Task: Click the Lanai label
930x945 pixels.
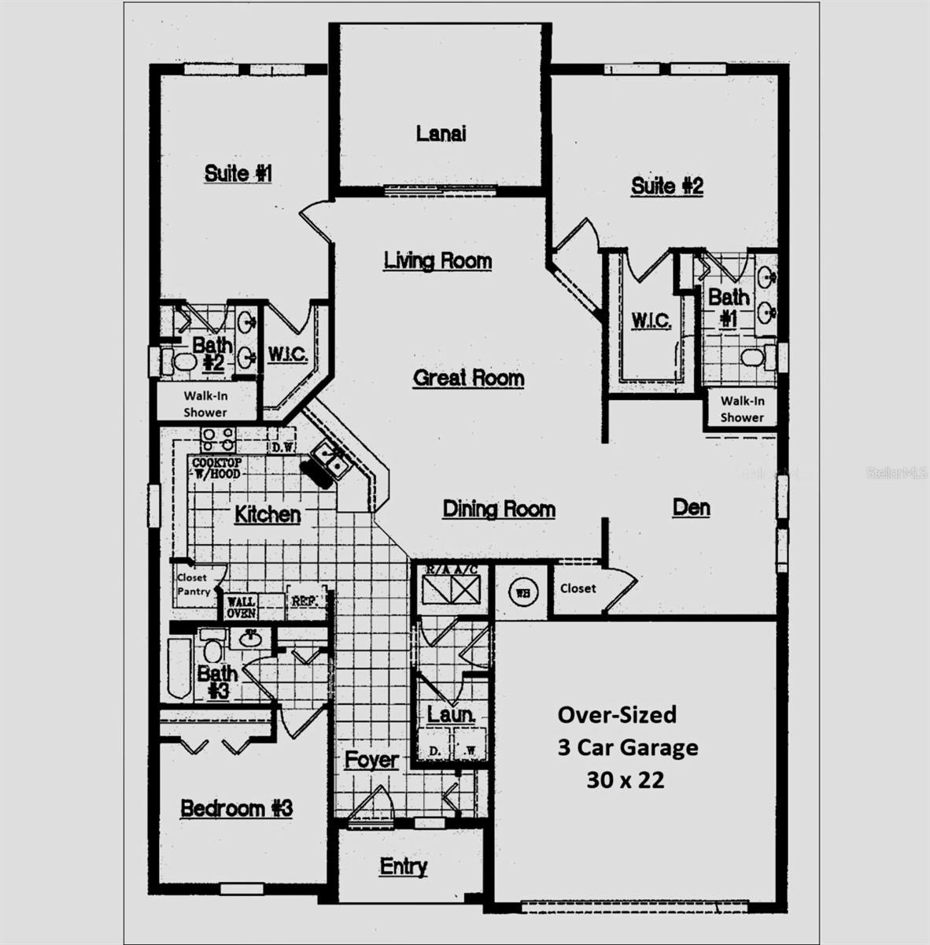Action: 441,133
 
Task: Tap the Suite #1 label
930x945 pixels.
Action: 238,173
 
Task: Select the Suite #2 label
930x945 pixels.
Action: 667,186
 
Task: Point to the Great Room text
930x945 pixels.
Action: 469,378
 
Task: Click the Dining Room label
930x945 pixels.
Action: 499,509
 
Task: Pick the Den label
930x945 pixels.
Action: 692,507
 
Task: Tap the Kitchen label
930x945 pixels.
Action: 268,514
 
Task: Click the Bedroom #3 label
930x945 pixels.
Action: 237,808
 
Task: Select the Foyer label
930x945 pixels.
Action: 371,760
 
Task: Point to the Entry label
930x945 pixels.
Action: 404,866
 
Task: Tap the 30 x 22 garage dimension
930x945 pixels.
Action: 626,780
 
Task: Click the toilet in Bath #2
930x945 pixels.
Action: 183,361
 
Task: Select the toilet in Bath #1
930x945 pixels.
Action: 753,358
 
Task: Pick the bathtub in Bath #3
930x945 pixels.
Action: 178,669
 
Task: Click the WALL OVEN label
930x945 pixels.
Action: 242,607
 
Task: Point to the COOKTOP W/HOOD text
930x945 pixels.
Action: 216,468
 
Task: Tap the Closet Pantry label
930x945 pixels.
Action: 193,584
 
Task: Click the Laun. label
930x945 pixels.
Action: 451,714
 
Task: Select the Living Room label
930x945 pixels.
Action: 437,260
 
